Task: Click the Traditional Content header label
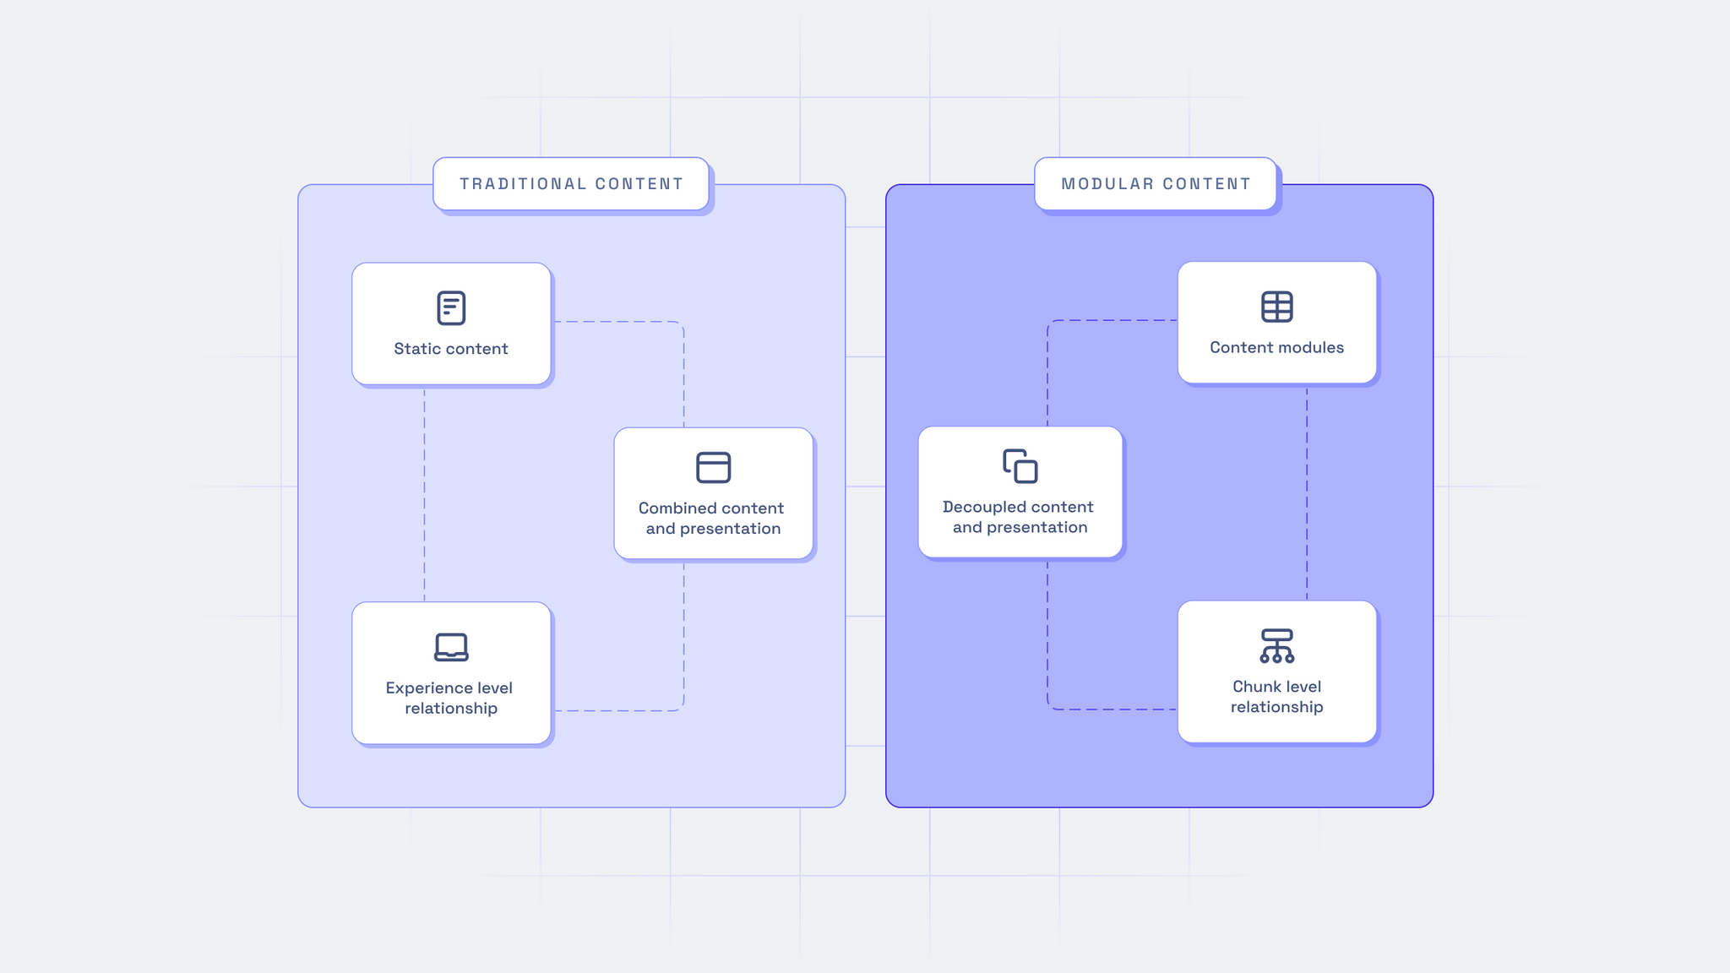(x=571, y=184)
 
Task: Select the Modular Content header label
(x=1156, y=184)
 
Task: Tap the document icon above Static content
(x=451, y=308)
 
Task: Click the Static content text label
(x=451, y=349)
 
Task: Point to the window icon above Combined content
(x=713, y=467)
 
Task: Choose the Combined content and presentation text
(x=712, y=519)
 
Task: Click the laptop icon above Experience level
(x=451, y=647)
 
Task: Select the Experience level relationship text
(x=450, y=698)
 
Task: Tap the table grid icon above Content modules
(x=1276, y=307)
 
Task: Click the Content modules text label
(x=1276, y=347)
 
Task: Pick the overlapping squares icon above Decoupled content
(x=1020, y=466)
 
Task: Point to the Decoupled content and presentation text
(x=1019, y=517)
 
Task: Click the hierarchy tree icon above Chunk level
(x=1276, y=646)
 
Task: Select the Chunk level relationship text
(x=1276, y=697)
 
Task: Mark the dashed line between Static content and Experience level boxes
(x=424, y=494)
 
